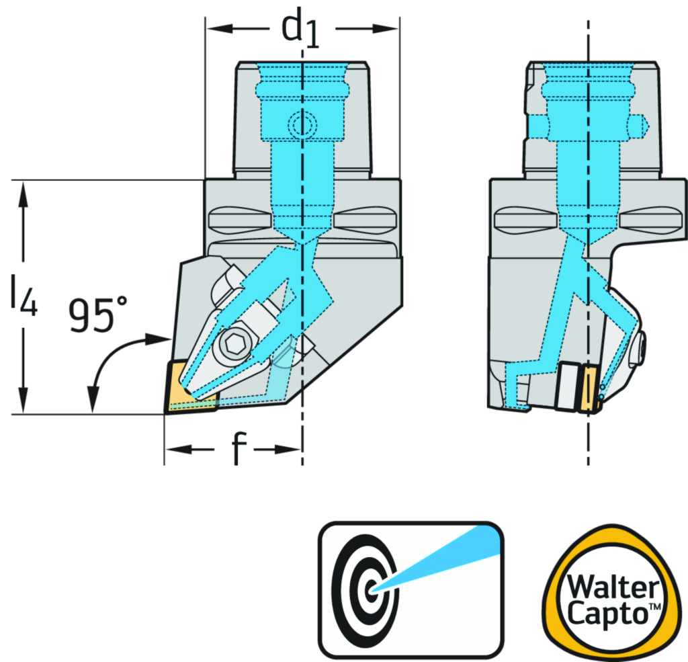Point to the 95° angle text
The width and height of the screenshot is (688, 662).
(96, 315)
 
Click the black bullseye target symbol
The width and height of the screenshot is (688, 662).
(368, 591)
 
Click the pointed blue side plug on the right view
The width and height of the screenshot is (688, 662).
(642, 125)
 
